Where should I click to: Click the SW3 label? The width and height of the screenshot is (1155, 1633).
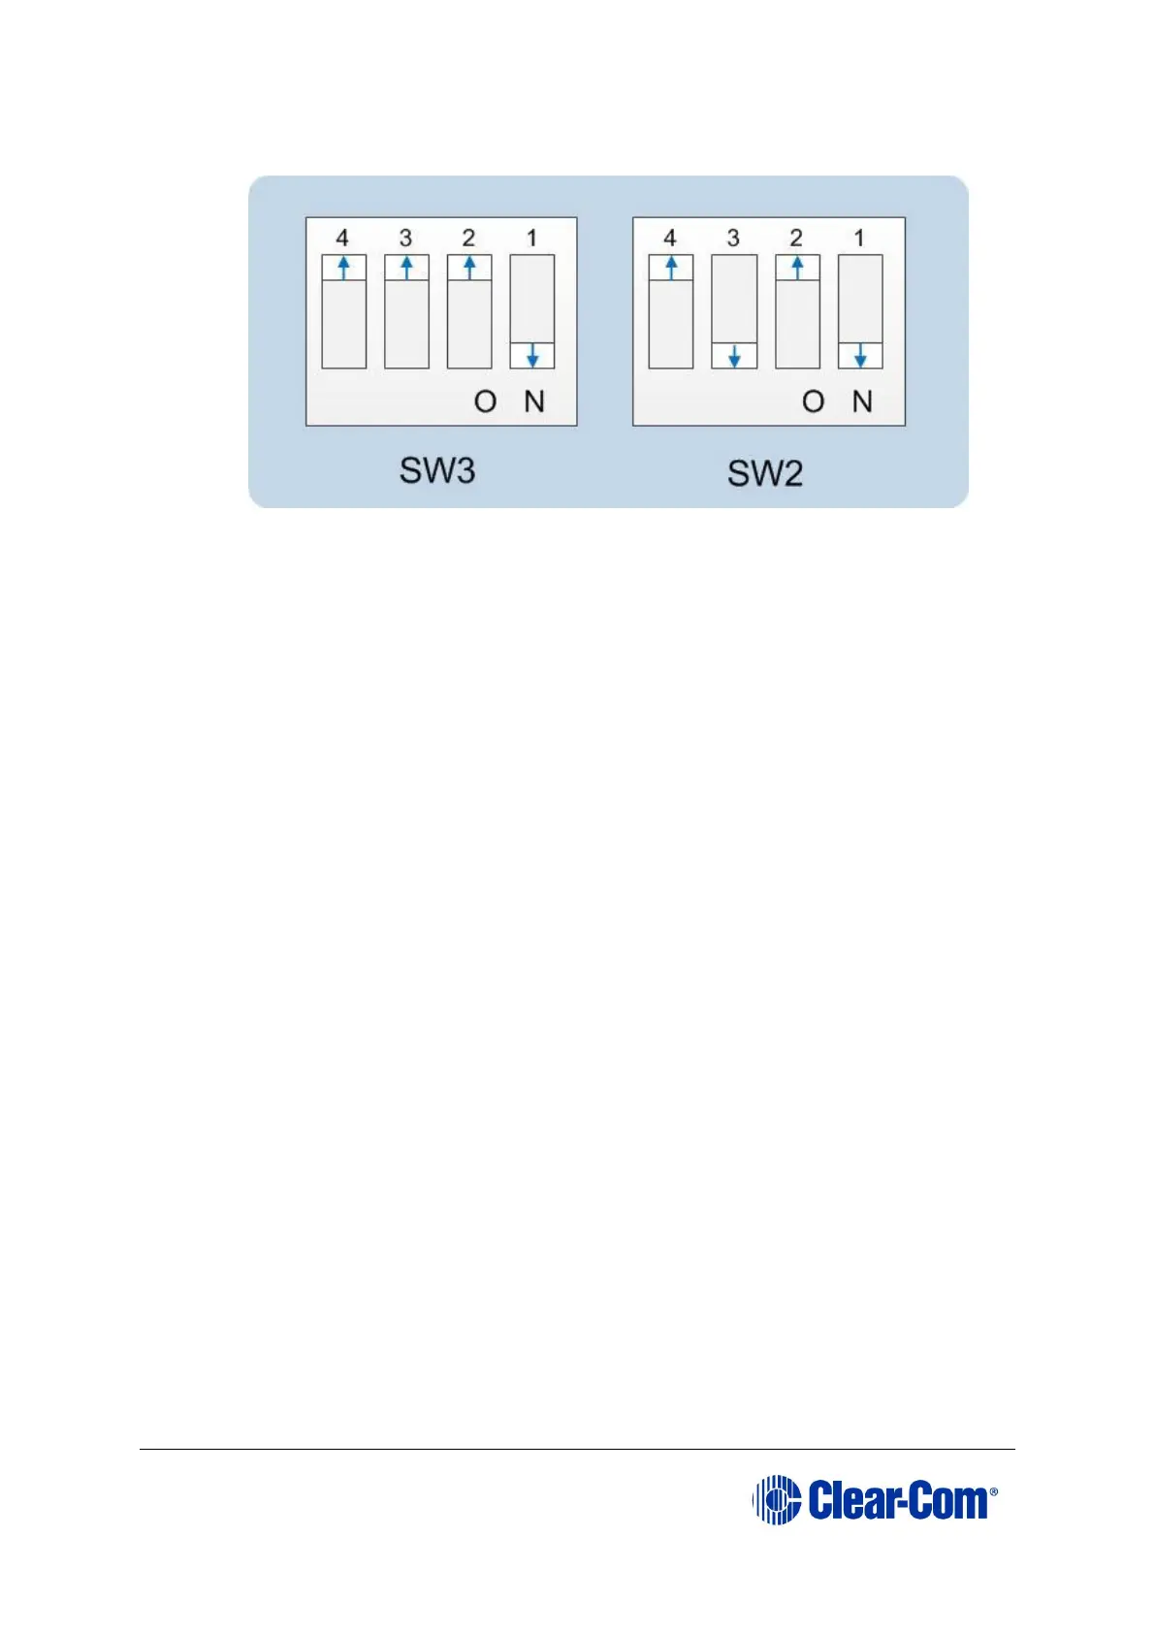436,470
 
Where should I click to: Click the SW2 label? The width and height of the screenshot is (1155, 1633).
764,474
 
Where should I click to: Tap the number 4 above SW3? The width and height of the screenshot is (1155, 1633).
342,238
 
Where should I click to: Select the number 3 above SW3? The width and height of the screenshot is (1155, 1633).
405,238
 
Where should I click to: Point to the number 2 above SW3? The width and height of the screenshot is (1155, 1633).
468,238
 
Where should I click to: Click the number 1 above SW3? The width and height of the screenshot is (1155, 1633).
531,238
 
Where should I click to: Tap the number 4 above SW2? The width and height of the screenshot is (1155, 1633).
669,238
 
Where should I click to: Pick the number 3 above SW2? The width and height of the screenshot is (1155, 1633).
733,238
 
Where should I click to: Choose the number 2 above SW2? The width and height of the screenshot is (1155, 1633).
796,238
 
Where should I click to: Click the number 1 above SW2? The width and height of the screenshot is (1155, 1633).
859,238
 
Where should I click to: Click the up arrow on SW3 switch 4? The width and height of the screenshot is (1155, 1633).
343,268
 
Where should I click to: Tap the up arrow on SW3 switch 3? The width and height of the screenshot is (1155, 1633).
406,268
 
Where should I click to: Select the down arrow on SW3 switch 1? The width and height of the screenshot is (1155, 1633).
532,356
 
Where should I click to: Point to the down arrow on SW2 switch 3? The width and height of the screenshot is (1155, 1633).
734,356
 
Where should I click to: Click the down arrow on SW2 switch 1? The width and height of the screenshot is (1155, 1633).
860,356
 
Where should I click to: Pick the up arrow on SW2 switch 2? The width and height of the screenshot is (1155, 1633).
797,268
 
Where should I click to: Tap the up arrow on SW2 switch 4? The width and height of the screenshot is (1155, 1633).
670,268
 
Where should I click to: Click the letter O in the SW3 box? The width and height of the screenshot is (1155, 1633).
485,401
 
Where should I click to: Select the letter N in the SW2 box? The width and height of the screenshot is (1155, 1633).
862,401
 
